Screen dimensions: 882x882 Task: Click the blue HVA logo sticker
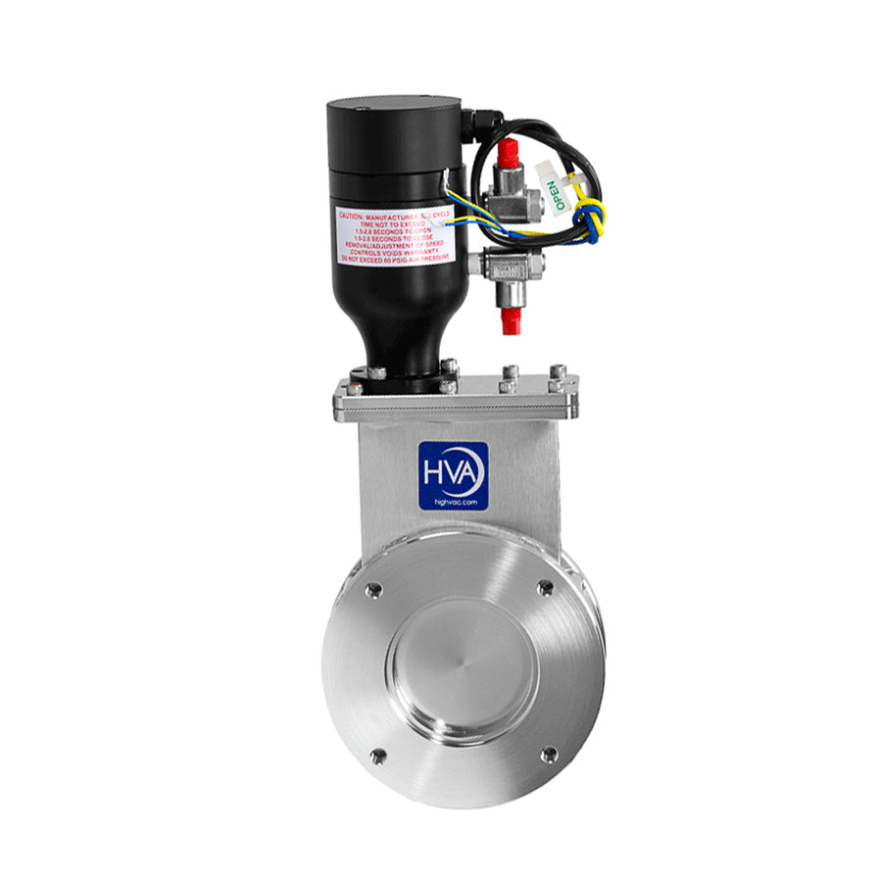pyautogui.click(x=453, y=475)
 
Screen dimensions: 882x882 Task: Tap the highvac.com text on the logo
pyautogui.click(x=453, y=500)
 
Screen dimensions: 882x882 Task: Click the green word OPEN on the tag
pyautogui.click(x=555, y=195)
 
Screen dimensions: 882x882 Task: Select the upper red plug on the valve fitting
pyautogui.click(x=507, y=154)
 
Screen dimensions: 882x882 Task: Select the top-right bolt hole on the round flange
pyautogui.click(x=545, y=587)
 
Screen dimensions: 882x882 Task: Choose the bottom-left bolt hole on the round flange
pyautogui.click(x=376, y=755)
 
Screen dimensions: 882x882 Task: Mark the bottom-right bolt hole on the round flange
pyautogui.click(x=549, y=755)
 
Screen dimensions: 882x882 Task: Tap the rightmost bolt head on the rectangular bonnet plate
pyautogui.click(x=558, y=372)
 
